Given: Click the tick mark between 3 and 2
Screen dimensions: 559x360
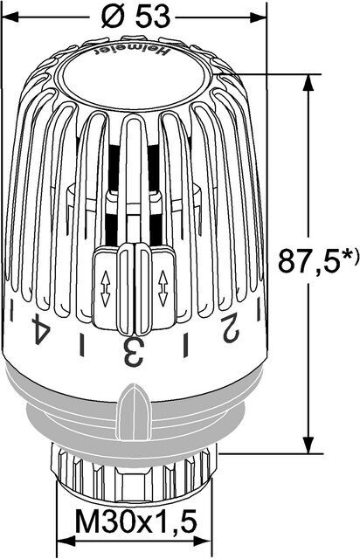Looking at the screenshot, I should [x=183, y=349].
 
